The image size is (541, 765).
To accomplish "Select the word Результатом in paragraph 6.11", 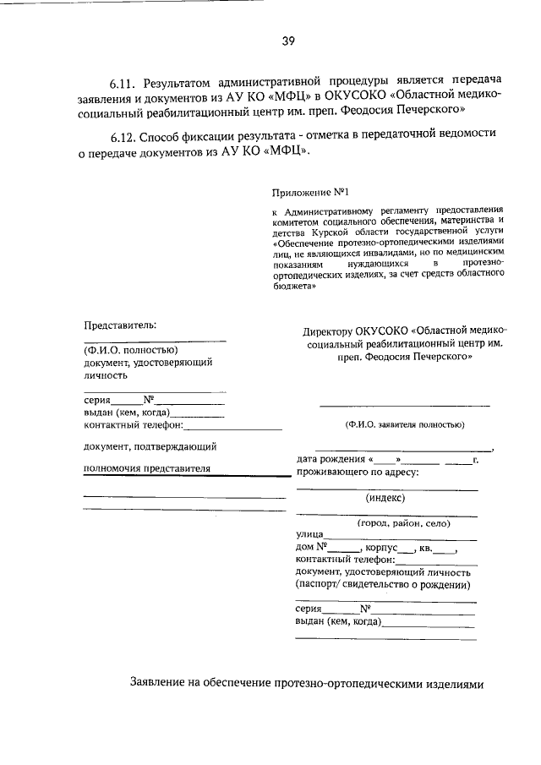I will tap(179, 85).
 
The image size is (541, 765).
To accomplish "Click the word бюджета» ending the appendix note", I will tap(294, 286).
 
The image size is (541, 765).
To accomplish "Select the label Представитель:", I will tap(120, 325).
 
